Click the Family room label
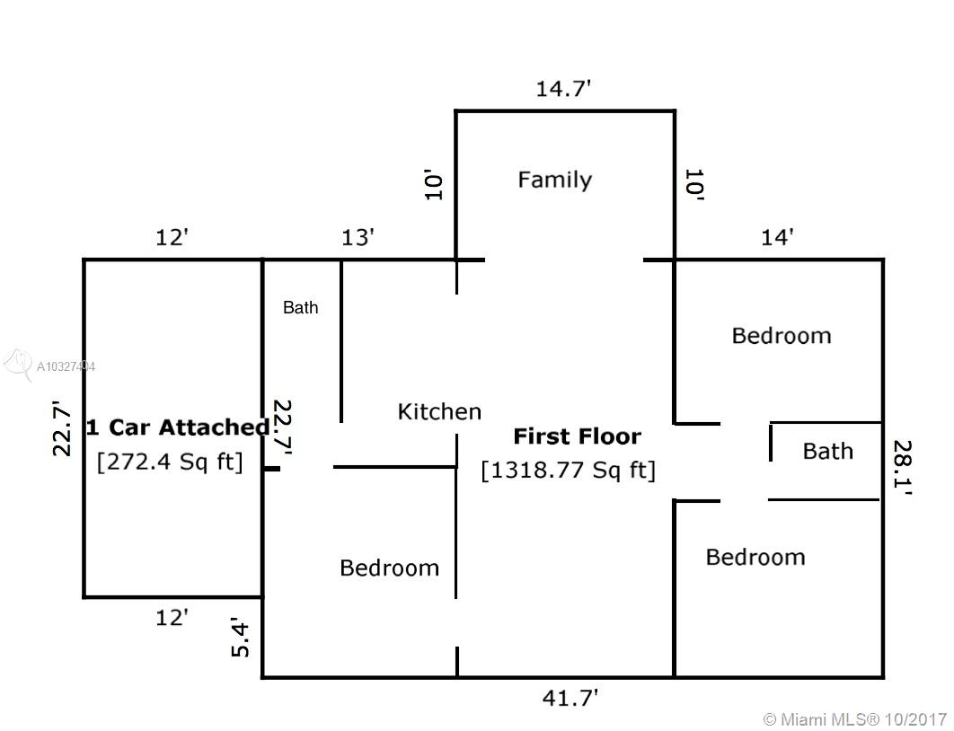[x=554, y=181]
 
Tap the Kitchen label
[x=439, y=411]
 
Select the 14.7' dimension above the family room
[x=563, y=89]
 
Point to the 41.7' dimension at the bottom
[x=570, y=698]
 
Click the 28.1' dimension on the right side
[x=902, y=469]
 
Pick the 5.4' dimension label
[x=241, y=638]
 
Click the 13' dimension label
[x=358, y=237]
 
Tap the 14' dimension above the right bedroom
[x=778, y=237]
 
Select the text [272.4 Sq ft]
[x=170, y=462]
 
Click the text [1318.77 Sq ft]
[x=569, y=470]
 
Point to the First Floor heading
[x=578, y=436]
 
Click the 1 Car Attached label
[x=178, y=427]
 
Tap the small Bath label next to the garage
[x=301, y=308]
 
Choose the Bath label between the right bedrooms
[x=828, y=451]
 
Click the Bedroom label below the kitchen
[x=389, y=568]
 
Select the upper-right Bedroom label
[x=782, y=336]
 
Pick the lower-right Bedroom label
[x=755, y=557]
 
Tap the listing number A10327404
[x=66, y=366]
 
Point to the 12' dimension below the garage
[x=172, y=618]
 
